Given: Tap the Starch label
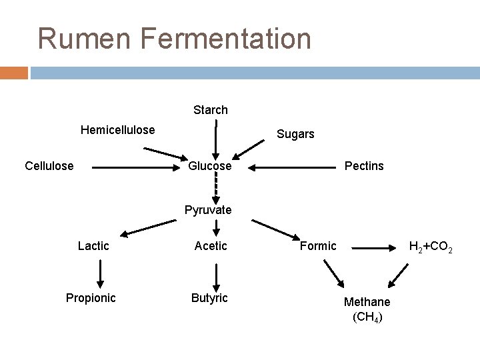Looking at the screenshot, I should [211, 109].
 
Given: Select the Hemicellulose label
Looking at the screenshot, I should [117, 130].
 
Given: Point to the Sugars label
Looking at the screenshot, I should [295, 134].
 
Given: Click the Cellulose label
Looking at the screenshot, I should [49, 165].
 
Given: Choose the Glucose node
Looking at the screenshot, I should [210, 165].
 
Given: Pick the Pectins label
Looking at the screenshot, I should [364, 165].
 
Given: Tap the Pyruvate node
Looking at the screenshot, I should [208, 210].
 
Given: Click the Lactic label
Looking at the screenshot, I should [93, 246].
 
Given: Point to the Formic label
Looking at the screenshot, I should [318, 246].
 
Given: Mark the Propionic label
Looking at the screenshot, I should [91, 297].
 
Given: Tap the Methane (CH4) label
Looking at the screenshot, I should [367, 309].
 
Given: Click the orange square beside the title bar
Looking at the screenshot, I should [14, 72].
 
